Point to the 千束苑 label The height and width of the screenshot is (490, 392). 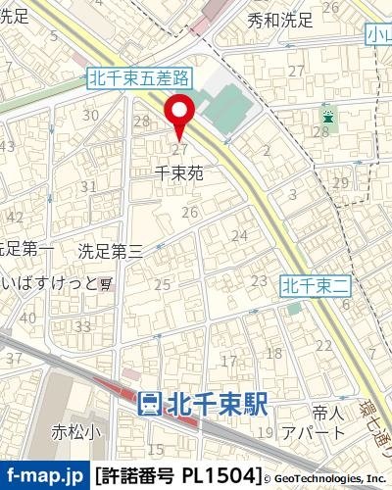tap(179, 172)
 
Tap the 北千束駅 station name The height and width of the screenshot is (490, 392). tap(219, 402)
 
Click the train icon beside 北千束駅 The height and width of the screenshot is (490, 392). tap(150, 403)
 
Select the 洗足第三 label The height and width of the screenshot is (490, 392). tap(111, 251)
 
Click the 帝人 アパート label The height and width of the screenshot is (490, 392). tap(313, 422)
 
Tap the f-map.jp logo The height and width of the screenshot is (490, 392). tap(43, 475)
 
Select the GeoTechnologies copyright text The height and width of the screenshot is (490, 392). tap(327, 479)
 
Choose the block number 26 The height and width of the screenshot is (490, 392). tap(189, 212)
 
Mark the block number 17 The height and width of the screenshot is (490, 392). tap(229, 361)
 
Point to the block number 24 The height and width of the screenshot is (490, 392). tap(239, 235)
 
